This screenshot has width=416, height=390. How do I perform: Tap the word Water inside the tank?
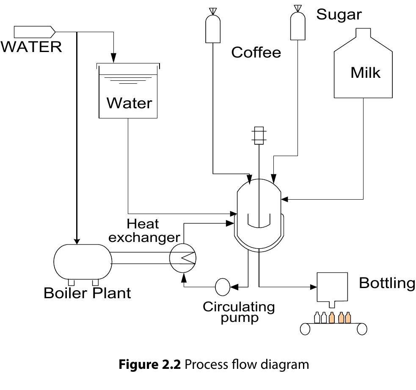point(129,103)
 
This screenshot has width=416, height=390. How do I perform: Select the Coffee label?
point(256,52)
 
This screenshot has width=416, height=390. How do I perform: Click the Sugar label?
point(339,14)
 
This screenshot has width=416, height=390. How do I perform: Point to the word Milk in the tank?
point(365,73)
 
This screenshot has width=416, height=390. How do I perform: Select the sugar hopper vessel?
point(298,26)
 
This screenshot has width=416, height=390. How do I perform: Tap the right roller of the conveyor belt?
point(362,329)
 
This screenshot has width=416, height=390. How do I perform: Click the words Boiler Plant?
point(87,293)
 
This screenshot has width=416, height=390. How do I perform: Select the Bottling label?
point(387,283)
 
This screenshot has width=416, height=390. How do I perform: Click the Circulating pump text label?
point(239,312)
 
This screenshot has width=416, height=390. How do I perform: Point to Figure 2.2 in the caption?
point(152,364)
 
